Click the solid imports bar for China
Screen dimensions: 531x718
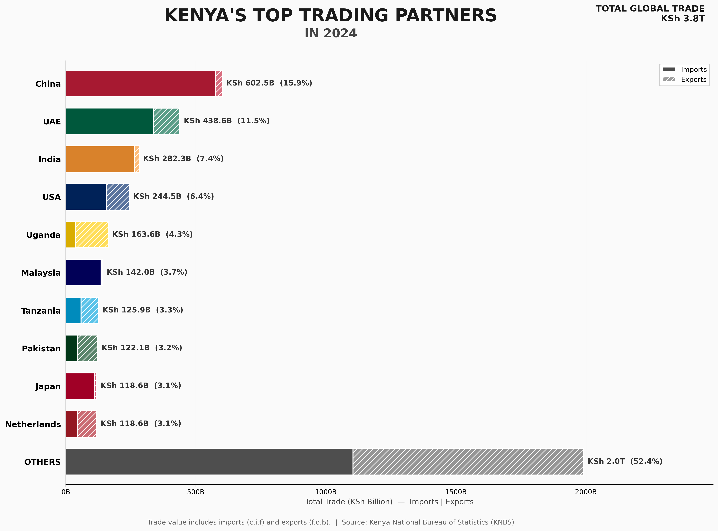(x=141, y=83)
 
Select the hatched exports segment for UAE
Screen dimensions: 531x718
(x=166, y=121)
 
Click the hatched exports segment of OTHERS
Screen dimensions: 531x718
(x=468, y=462)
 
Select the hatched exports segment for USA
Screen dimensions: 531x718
(x=118, y=197)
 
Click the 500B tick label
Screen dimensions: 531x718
(x=196, y=492)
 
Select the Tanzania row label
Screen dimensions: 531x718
(x=41, y=311)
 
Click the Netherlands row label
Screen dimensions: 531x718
(x=33, y=424)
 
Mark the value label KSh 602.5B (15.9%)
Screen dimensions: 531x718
(x=269, y=83)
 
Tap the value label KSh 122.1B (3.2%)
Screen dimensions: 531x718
(x=142, y=348)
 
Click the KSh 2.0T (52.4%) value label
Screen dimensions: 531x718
(x=625, y=461)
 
